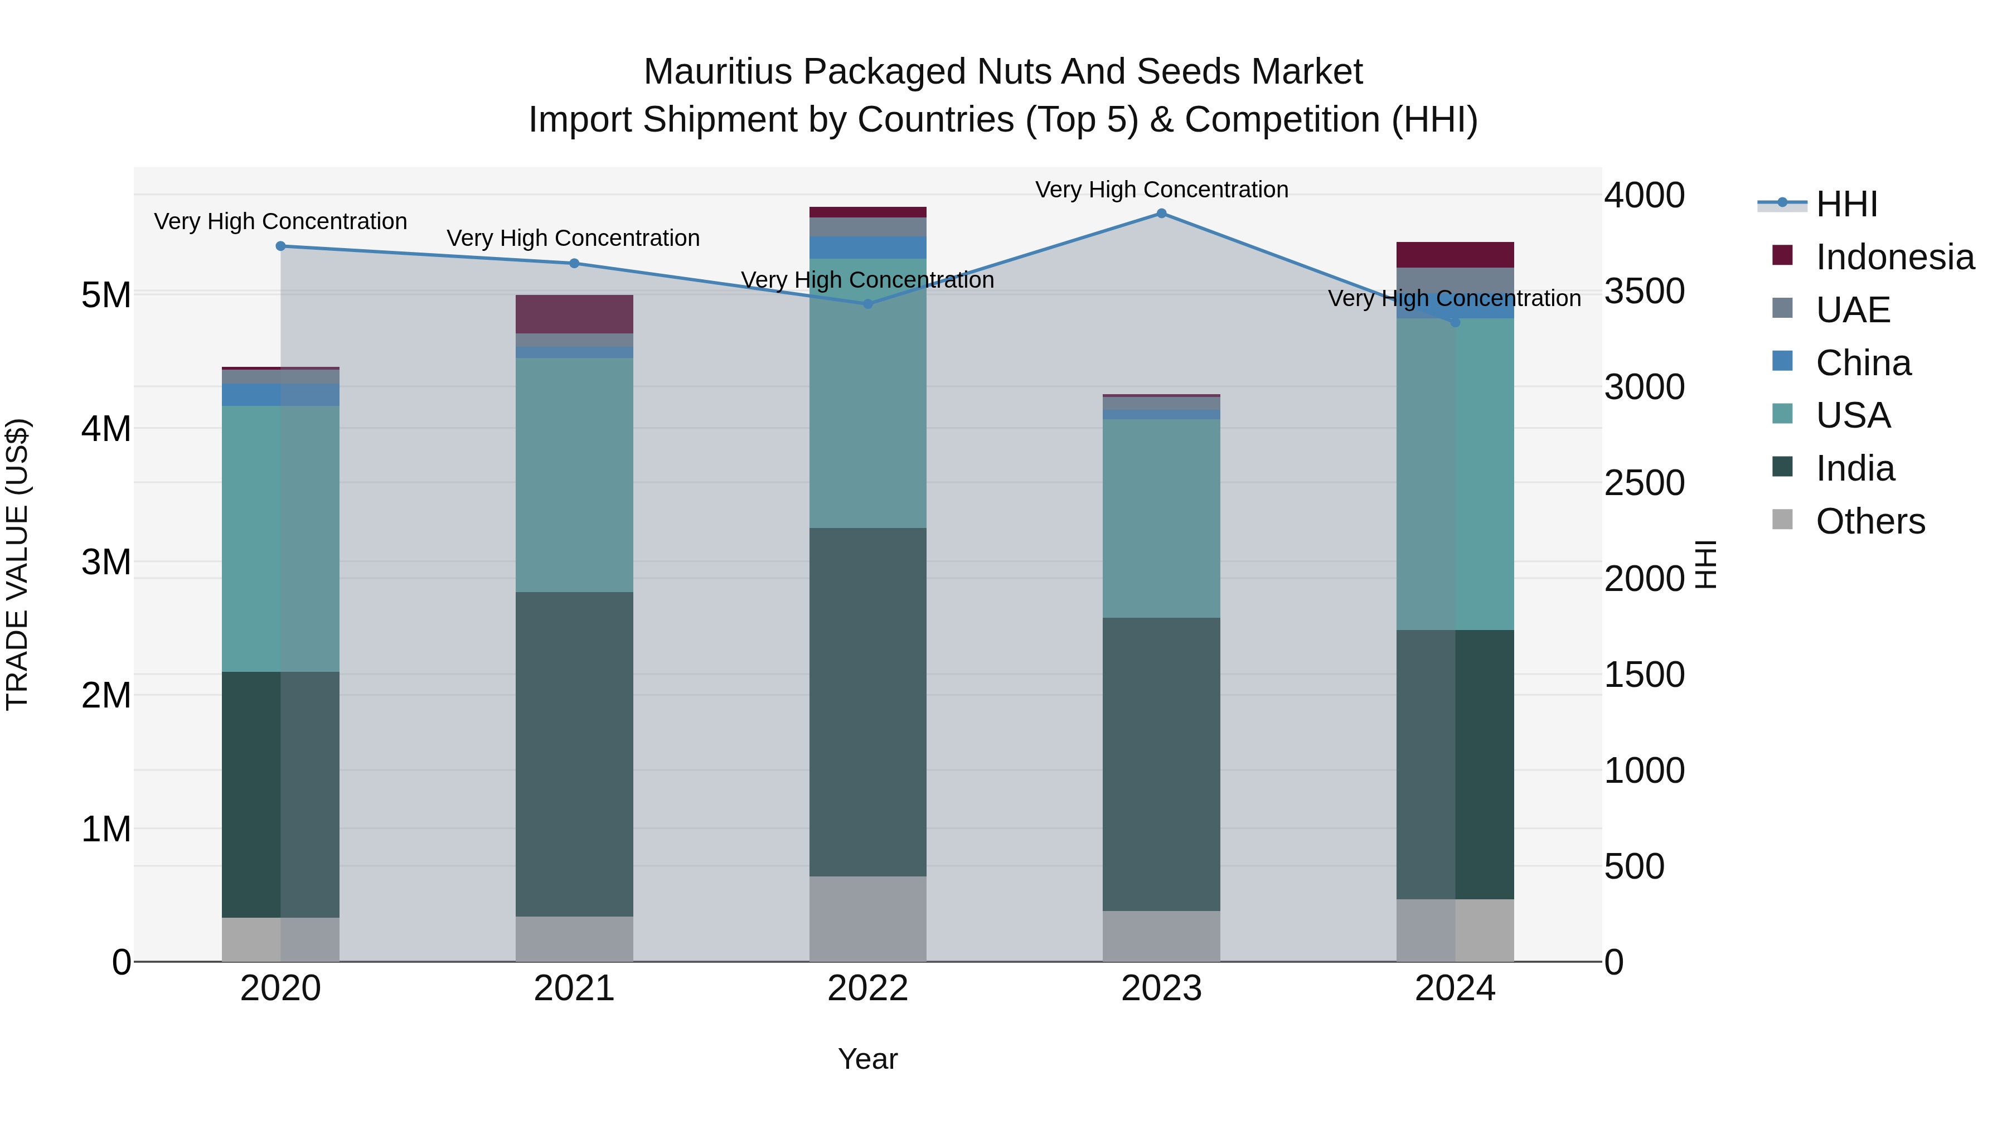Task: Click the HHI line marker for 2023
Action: click(x=1161, y=214)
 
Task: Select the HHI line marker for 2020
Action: click(x=280, y=246)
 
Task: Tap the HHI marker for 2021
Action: click(x=574, y=263)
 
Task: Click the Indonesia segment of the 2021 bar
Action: click(x=574, y=314)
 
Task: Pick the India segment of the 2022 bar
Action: click(x=868, y=701)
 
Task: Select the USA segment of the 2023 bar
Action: click(x=1161, y=518)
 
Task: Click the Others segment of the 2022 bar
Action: click(x=868, y=919)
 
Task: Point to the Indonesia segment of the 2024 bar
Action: click(x=1455, y=255)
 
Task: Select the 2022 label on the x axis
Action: click(x=868, y=989)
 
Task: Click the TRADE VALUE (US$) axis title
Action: click(x=17, y=564)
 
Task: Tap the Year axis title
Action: click(x=868, y=1059)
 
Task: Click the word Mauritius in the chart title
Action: click(x=718, y=72)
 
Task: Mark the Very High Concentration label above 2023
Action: click(x=1161, y=190)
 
